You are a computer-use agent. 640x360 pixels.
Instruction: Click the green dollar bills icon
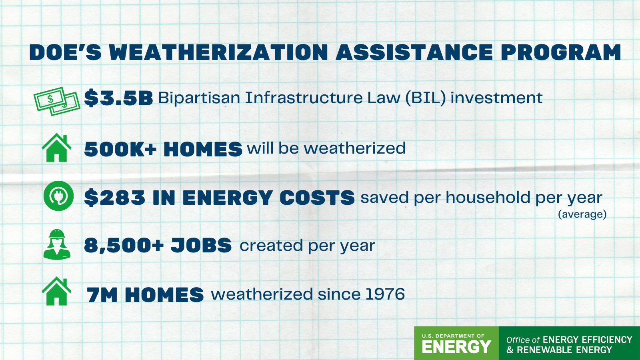(57, 102)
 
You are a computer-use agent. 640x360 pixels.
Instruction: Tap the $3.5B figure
(118, 98)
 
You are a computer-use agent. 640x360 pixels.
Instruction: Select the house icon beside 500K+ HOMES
(56, 148)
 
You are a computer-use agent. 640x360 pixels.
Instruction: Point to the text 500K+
(120, 149)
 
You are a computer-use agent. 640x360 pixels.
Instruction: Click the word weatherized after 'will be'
(354, 148)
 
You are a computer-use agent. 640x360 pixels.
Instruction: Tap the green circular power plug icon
(58, 196)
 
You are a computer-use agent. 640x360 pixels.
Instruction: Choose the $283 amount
(114, 198)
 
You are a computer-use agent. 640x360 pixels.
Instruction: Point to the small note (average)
(582, 214)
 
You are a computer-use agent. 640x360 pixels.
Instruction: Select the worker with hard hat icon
(57, 244)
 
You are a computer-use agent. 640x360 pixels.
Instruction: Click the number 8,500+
(124, 246)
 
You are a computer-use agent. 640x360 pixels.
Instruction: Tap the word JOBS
(201, 246)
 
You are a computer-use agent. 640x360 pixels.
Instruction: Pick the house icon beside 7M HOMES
(56, 291)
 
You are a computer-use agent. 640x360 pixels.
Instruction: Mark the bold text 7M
(102, 295)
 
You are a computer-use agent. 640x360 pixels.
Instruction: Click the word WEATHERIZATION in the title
(218, 52)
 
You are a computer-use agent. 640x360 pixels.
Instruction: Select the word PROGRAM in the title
(561, 52)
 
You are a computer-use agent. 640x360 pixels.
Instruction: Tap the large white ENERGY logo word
(456, 347)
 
